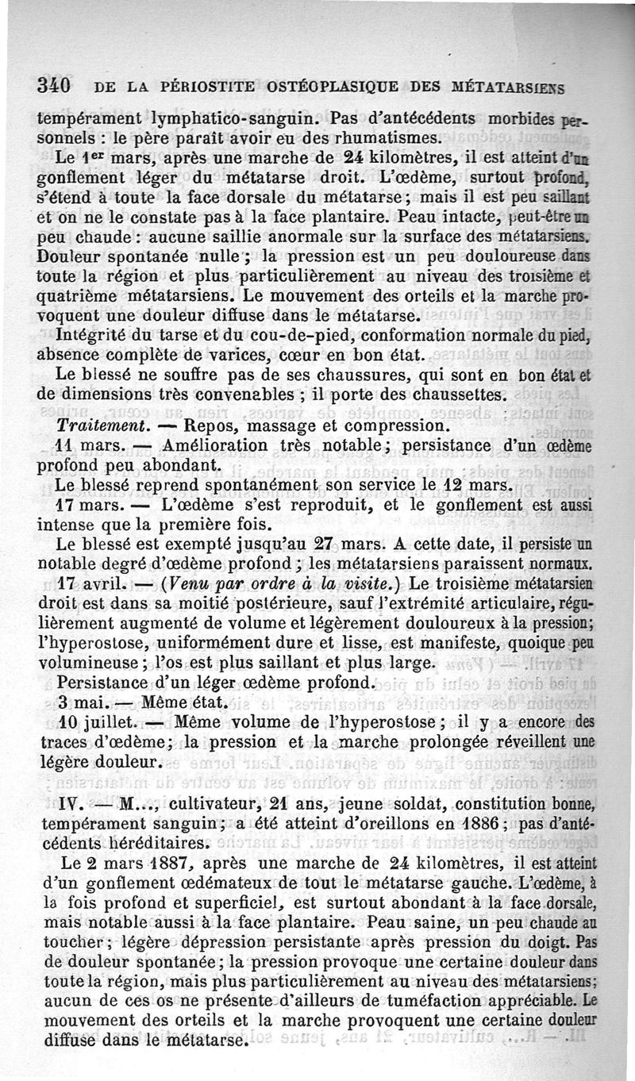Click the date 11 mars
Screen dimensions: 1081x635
click(x=84, y=447)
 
